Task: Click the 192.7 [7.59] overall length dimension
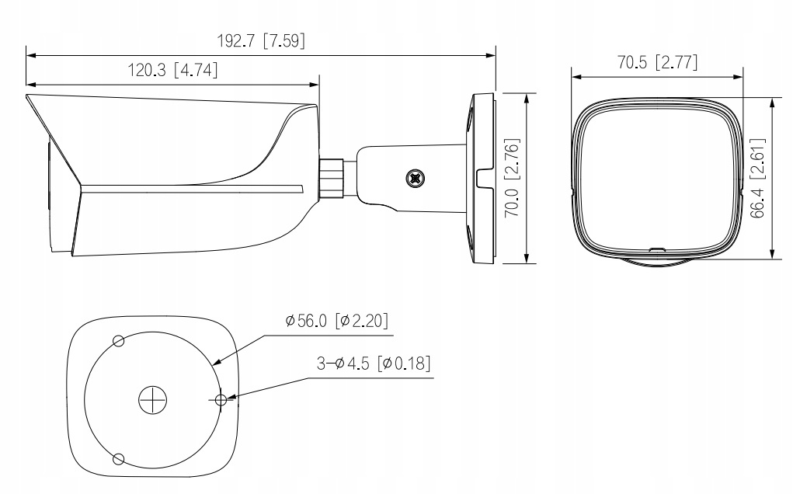261,40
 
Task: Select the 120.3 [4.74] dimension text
172,70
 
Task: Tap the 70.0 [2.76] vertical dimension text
513,177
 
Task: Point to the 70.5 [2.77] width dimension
657,62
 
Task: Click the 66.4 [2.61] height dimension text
757,178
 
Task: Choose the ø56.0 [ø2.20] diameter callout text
337,321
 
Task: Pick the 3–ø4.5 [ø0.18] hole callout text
374,363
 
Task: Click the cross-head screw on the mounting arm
416,178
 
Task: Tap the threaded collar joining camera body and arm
332,178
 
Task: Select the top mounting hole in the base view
118,341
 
